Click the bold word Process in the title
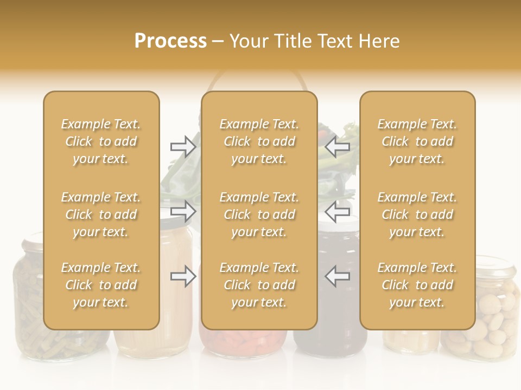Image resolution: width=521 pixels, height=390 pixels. (170, 41)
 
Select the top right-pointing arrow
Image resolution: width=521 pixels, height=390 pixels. (183, 147)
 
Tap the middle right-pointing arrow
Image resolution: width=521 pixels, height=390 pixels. (183, 211)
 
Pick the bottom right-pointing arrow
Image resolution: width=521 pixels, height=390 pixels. (183, 276)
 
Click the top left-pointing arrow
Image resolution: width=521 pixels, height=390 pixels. (338, 147)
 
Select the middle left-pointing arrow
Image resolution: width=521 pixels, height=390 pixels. (338, 211)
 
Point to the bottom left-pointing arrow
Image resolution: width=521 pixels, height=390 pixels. (338, 276)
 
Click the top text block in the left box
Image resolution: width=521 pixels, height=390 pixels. (101, 141)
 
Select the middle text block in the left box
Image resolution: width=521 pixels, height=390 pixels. (101, 214)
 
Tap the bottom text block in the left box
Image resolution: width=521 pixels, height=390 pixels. (101, 285)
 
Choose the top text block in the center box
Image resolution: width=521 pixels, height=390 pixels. (259, 141)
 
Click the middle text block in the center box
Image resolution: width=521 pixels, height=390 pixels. (259, 214)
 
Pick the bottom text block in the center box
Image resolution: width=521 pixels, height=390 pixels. (259, 285)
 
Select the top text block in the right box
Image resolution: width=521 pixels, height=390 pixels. (417, 141)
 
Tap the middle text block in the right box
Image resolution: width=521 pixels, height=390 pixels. (417, 214)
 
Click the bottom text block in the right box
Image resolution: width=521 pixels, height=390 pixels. (417, 285)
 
